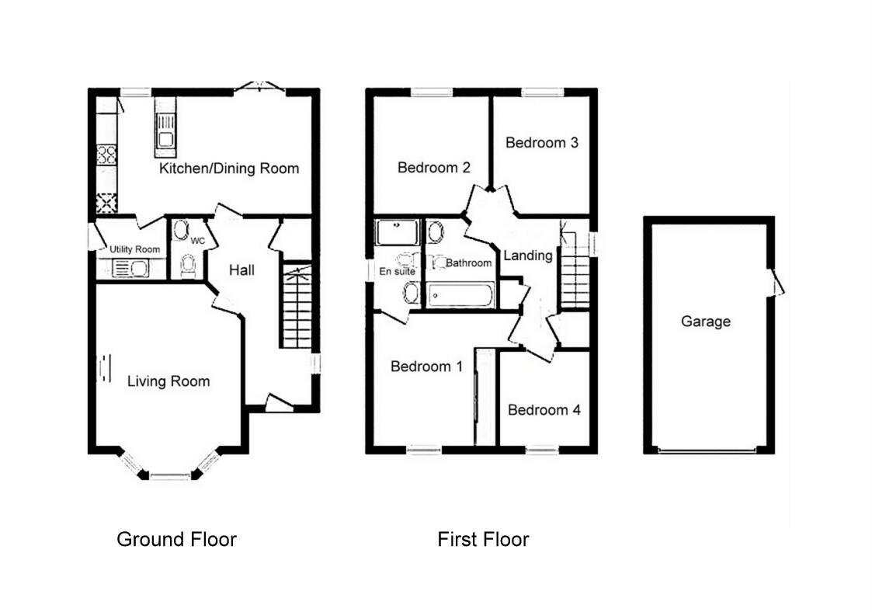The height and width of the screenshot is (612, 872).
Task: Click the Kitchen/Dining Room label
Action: click(x=229, y=169)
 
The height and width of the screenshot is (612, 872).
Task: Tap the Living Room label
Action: click(x=168, y=381)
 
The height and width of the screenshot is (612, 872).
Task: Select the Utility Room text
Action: click(x=135, y=249)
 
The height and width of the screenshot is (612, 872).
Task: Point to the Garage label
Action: click(x=706, y=321)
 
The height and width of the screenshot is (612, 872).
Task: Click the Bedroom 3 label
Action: click(x=541, y=143)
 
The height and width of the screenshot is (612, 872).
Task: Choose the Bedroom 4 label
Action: click(x=544, y=410)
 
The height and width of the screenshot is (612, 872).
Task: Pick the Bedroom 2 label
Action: click(x=434, y=168)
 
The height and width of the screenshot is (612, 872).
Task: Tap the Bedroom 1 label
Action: click(x=426, y=367)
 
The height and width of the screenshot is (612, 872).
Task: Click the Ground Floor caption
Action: click(x=176, y=539)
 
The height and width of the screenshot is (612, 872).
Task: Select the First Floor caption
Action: click(x=483, y=539)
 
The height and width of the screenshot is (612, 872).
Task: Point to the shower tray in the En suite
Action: click(x=397, y=232)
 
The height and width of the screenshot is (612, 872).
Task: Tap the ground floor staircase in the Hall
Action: click(x=296, y=306)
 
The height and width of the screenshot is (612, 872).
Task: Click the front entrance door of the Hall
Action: click(x=277, y=403)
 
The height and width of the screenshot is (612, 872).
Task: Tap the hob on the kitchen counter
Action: click(x=106, y=155)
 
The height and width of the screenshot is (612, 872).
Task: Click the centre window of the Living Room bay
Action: click(x=169, y=475)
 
